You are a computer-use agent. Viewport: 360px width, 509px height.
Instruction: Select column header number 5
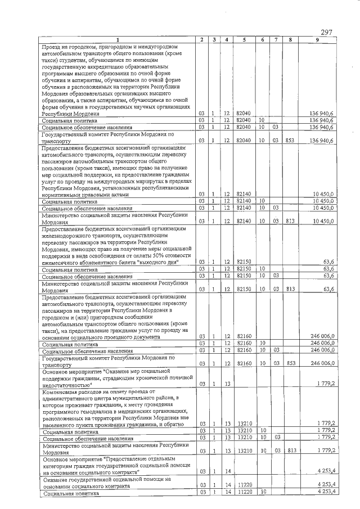[244, 39]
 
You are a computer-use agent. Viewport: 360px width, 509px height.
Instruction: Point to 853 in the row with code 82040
[290, 140]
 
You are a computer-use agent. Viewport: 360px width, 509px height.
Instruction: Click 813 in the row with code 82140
[290, 222]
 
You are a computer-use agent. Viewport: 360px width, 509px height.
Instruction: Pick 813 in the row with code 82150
[290, 289]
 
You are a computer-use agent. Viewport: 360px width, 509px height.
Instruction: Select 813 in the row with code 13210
[290, 451]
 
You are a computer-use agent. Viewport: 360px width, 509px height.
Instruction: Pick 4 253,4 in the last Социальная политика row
[326, 492]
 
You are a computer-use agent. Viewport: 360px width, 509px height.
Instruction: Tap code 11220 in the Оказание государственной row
[244, 484]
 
